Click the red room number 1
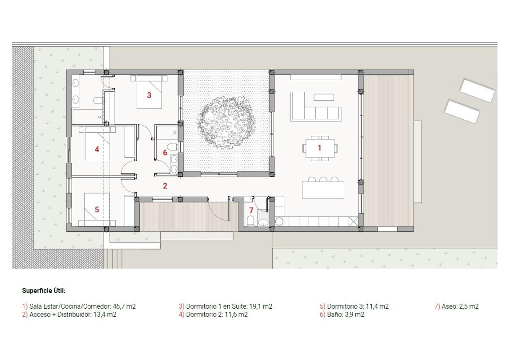point(320,147)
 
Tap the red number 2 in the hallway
point(165,185)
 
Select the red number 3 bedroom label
point(149,95)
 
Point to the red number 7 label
point(251,210)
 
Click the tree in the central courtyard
point(226,122)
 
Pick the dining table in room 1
point(320,148)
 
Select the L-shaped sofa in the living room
point(311,108)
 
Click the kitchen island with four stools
point(323,189)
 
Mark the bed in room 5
point(97,209)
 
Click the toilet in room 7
point(251,221)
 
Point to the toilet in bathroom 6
point(171,146)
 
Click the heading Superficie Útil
point(44,291)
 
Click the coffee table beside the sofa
point(324,97)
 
